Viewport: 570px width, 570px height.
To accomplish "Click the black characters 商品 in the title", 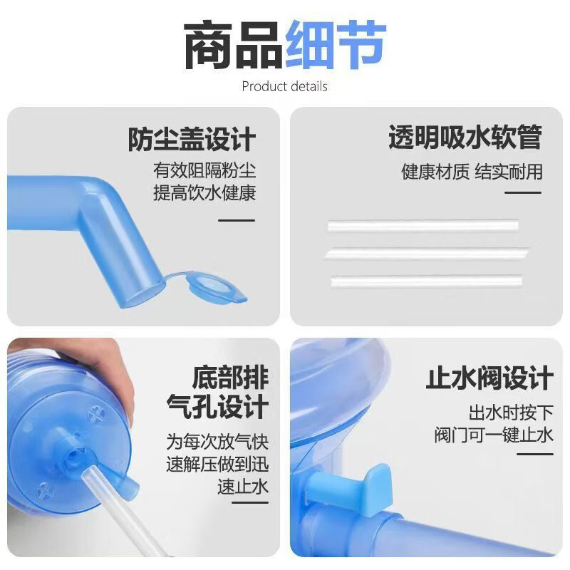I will click(x=234, y=46).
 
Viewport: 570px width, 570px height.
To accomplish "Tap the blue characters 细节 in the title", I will click(x=336, y=46).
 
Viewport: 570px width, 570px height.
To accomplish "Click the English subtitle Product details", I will click(x=284, y=87).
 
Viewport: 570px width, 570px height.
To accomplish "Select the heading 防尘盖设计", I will click(x=192, y=139).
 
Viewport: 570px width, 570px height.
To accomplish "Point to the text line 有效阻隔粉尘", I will click(x=204, y=172).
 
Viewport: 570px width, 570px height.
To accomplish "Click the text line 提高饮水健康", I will click(x=204, y=193).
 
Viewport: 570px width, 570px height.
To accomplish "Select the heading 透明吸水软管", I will click(x=465, y=138).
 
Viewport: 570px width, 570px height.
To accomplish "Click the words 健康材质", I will click(x=435, y=172).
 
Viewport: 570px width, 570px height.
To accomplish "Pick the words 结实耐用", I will click(x=508, y=172).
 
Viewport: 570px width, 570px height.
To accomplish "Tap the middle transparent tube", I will click(x=427, y=253).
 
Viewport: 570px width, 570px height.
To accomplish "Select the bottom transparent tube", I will click(x=427, y=280).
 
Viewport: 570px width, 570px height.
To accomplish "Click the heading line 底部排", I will click(x=230, y=377).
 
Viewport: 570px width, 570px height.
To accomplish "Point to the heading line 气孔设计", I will click(x=217, y=407).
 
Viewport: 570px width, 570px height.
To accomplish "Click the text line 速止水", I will click(x=243, y=487).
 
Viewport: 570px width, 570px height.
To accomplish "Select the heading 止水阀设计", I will click(x=489, y=378).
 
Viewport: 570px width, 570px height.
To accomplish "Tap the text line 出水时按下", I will click(x=510, y=413).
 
